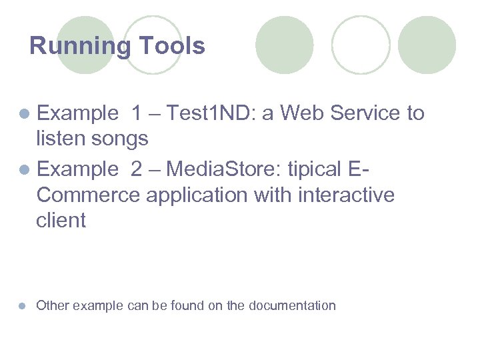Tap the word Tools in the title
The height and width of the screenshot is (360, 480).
[171, 47]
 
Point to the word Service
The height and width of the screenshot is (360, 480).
[366, 114]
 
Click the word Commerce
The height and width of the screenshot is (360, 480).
[89, 195]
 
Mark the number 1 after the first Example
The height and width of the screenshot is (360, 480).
[137, 114]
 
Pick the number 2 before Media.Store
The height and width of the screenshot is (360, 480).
[137, 169]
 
